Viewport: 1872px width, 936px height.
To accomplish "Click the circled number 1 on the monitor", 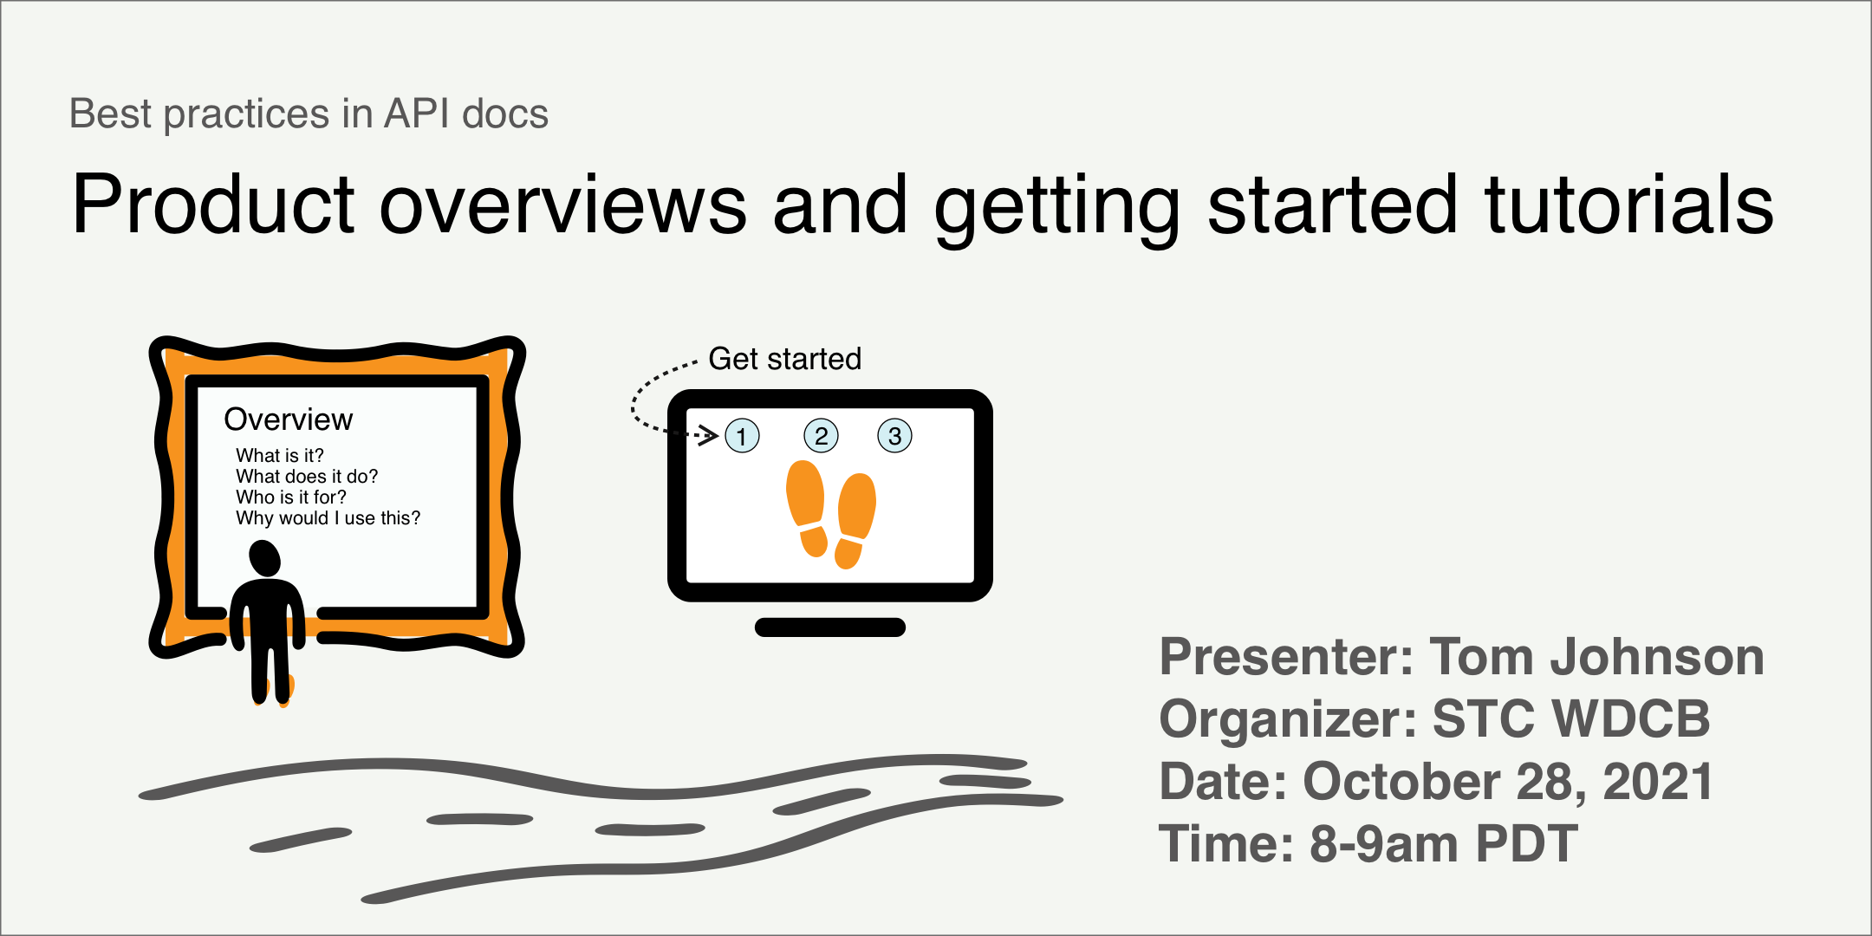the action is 742,436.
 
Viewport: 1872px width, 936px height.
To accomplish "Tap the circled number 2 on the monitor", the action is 821,436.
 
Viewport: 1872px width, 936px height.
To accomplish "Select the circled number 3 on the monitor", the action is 894,436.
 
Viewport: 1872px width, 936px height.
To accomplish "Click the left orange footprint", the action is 806,508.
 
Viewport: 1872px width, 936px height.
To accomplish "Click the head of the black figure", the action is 264,558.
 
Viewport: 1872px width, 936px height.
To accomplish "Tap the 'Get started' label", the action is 784,359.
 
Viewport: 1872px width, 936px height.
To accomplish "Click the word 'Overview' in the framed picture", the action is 288,419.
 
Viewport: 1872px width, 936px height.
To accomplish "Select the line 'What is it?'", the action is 279,456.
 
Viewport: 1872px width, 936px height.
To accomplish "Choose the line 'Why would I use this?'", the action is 328,518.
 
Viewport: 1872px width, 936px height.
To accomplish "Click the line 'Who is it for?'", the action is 290,497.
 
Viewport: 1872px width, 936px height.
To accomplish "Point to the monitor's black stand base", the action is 830,627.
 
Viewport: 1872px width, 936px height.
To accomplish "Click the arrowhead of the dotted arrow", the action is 710,435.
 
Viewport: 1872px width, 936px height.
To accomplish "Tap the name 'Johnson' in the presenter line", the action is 1656,657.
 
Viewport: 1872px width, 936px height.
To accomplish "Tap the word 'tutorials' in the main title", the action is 1628,205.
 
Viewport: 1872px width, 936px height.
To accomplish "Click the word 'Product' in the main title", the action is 213,205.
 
